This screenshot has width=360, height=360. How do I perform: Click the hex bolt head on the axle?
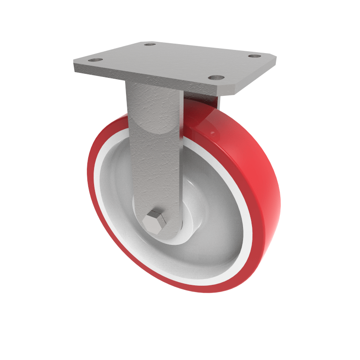pyautogui.click(x=154, y=221)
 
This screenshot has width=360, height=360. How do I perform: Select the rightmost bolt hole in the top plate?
pyautogui.click(x=255, y=57)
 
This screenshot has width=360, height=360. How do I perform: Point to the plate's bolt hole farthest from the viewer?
pyautogui.click(x=150, y=45)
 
